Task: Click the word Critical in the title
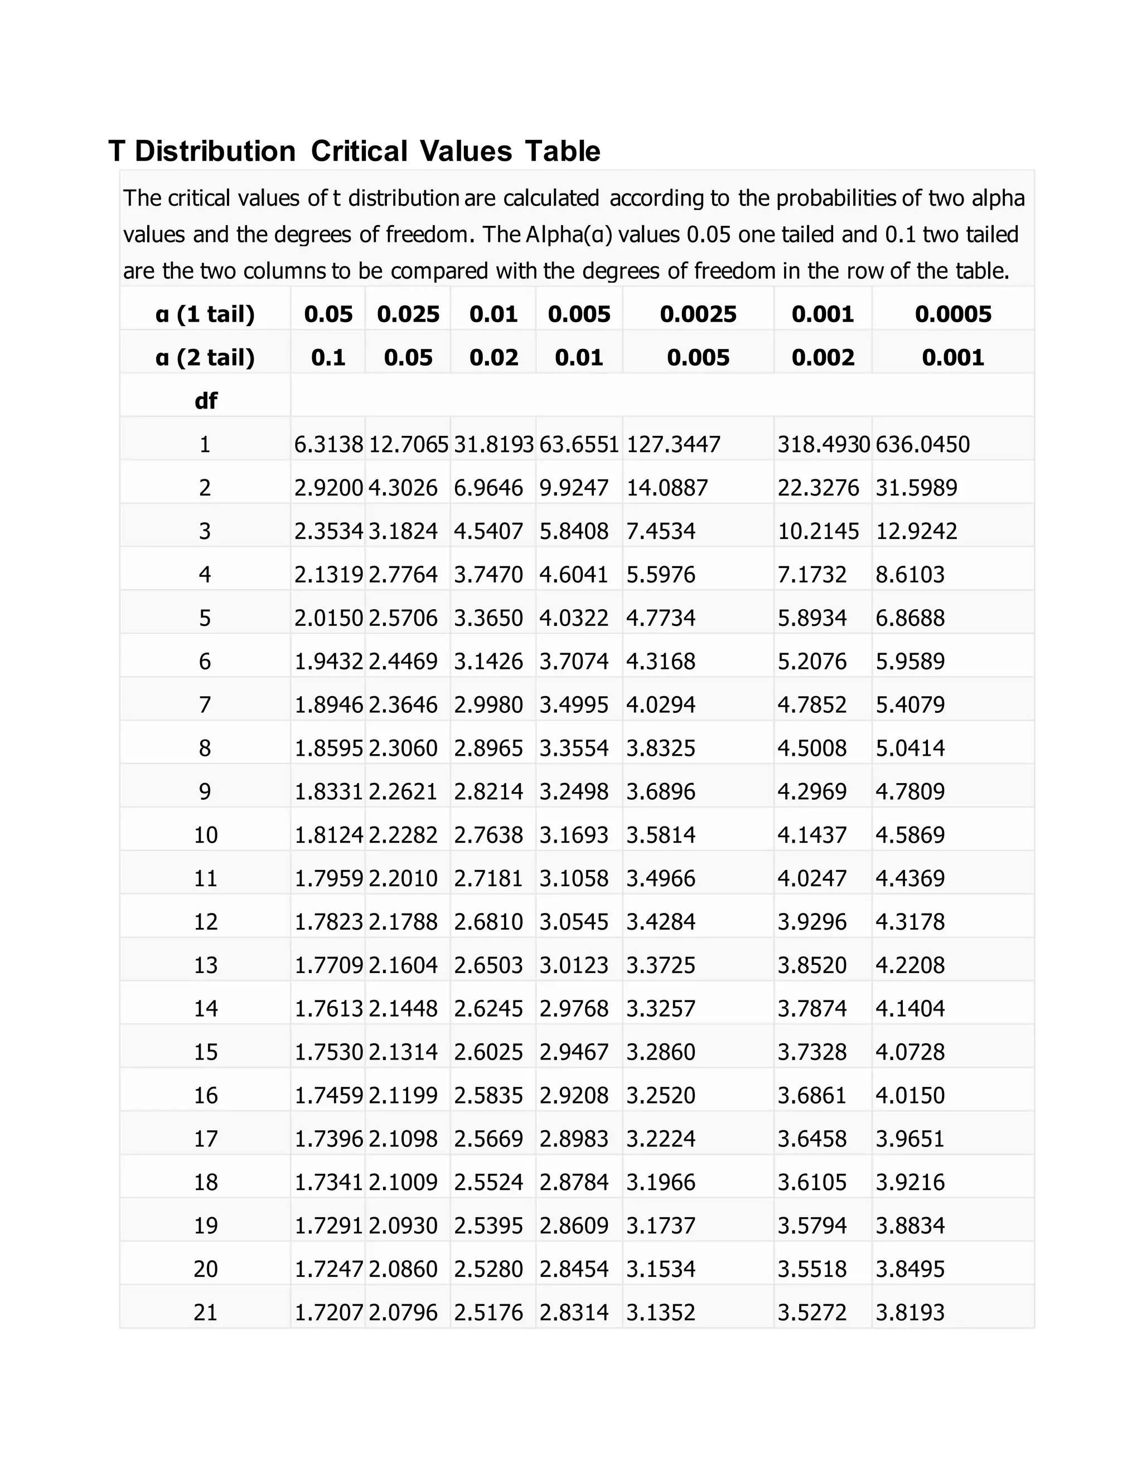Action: click(359, 151)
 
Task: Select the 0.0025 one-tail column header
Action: click(698, 314)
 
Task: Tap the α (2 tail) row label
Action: click(205, 357)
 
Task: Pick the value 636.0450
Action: click(922, 444)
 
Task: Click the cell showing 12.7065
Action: click(408, 444)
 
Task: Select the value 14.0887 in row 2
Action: click(667, 488)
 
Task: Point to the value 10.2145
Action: click(818, 531)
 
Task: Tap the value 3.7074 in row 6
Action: click(574, 660)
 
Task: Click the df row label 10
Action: click(205, 834)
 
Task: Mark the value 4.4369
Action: click(910, 878)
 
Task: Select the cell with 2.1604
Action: click(403, 964)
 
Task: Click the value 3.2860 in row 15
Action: click(660, 1052)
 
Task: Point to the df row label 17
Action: click(205, 1138)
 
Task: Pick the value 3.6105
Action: click(812, 1182)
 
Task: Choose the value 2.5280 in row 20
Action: click(488, 1268)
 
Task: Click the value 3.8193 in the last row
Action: click(910, 1312)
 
